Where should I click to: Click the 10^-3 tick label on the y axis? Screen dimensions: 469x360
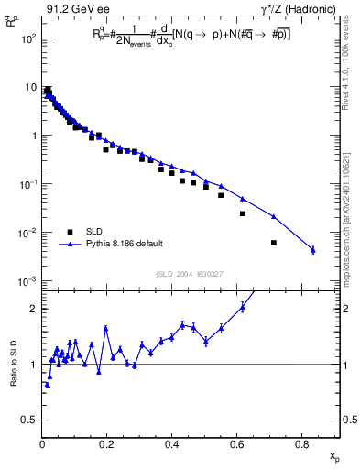28,281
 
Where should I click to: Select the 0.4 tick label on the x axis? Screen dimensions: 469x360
172,445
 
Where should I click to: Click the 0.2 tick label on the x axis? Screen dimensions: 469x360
107,445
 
